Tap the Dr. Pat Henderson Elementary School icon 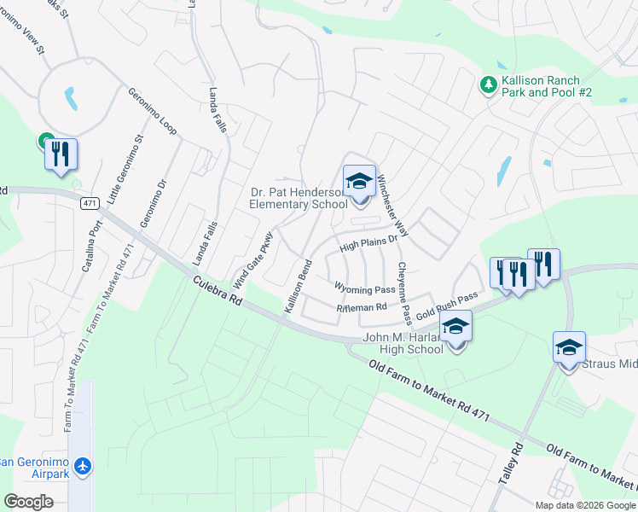coord(359,181)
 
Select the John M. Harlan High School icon coord(455,327)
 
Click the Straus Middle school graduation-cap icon coord(569,347)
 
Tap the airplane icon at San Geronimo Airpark coord(83,467)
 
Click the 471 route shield coord(90,204)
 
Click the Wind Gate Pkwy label coord(252,259)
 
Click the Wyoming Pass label coord(364,288)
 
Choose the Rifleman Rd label coord(362,307)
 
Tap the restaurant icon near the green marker coord(61,154)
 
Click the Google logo coord(28,502)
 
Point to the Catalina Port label coord(92,245)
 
